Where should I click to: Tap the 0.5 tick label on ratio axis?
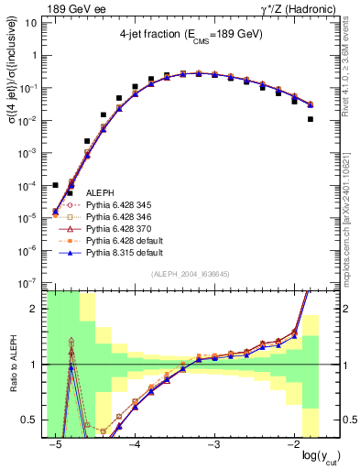coord(34,421)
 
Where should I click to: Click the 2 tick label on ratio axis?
coord(38,309)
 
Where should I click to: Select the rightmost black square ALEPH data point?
coord(311,119)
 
